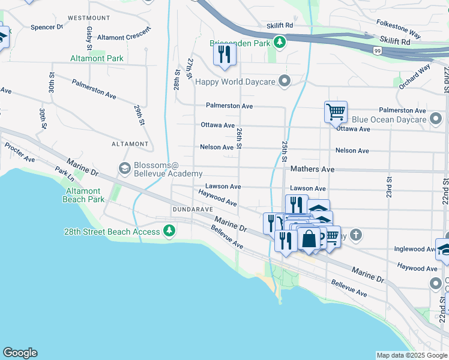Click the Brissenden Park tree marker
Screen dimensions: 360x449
coord(279,42)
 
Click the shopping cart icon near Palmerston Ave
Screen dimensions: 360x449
coord(336,111)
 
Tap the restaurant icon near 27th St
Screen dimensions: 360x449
coord(224,55)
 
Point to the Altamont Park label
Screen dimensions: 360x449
coord(97,59)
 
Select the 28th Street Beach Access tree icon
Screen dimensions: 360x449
coord(170,231)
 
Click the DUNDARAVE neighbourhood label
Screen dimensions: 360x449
coord(193,209)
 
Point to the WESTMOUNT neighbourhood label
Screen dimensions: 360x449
coord(89,18)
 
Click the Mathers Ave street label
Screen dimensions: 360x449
coord(312,170)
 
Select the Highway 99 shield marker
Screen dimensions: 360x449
coord(376,51)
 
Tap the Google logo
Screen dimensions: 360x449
coord(20,353)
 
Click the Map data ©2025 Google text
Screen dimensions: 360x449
coord(411,355)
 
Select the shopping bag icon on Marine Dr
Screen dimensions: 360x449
coord(309,239)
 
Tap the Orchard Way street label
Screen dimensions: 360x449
coord(415,76)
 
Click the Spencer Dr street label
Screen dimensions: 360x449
coord(47,27)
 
